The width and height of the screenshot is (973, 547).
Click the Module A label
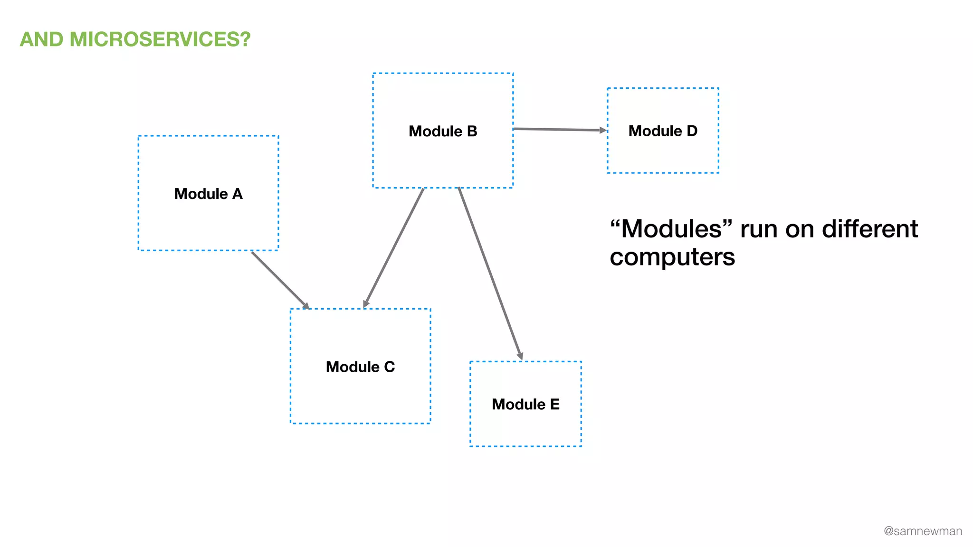coord(208,194)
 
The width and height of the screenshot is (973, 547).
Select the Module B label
coord(443,131)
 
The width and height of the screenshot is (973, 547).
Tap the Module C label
coord(360,367)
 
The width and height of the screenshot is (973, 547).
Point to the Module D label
coord(663,131)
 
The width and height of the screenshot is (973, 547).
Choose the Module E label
coord(525,404)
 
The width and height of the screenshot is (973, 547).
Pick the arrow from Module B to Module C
coord(394,247)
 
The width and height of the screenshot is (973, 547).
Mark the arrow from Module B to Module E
coord(490,273)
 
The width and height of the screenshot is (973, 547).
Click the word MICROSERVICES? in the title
coord(160,39)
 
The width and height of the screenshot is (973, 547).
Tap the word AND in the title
coord(42,39)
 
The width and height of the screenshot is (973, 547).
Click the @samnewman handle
coord(923,531)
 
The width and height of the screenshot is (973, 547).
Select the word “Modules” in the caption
coord(672,229)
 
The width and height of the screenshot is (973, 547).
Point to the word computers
coord(672,257)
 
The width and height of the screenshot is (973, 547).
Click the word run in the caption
coord(759,229)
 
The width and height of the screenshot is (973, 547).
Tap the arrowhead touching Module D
coord(603,130)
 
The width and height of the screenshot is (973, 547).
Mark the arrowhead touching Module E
coord(520,356)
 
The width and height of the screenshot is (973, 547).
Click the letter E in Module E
coord(554,404)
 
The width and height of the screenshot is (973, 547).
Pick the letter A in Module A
coord(237,194)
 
